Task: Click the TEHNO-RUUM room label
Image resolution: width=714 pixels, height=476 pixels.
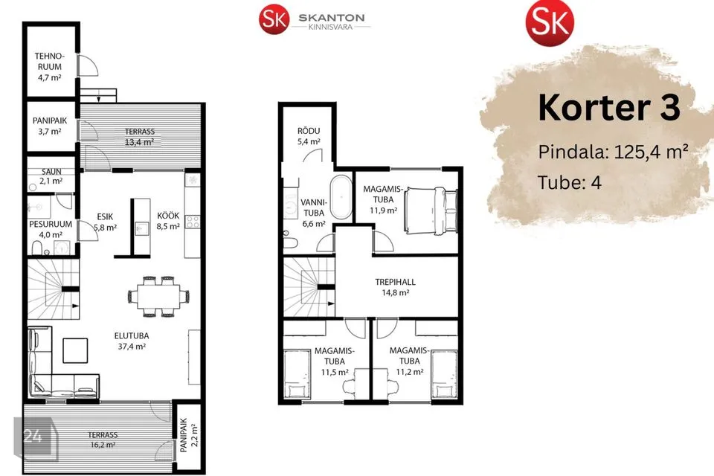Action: click(50, 62)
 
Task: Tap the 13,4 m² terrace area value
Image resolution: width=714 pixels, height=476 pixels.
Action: click(139, 142)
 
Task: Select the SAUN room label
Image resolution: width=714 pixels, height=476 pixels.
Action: click(51, 172)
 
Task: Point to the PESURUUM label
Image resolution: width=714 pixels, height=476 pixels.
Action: click(51, 224)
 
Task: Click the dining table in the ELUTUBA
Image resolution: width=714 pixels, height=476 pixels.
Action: click(158, 297)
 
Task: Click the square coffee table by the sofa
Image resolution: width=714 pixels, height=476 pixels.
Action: click(75, 350)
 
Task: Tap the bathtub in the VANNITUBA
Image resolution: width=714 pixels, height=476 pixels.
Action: click(341, 198)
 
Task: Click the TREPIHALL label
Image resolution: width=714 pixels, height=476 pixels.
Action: click(395, 282)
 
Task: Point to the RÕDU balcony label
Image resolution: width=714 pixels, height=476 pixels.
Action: click(309, 131)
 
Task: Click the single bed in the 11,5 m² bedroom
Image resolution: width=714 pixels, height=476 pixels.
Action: click(297, 373)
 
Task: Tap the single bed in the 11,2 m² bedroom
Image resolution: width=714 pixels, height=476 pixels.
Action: click(444, 373)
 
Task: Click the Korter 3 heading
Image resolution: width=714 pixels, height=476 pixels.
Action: click(609, 108)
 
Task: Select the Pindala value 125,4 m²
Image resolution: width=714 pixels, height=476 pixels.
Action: click(652, 152)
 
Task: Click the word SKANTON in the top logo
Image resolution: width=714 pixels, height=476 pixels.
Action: click(332, 18)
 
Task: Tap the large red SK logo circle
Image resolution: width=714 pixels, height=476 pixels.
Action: click(550, 22)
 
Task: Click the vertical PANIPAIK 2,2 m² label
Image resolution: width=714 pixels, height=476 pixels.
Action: click(188, 435)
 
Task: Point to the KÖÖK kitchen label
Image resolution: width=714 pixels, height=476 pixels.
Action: click(168, 216)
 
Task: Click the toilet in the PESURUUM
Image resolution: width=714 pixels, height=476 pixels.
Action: click(37, 248)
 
